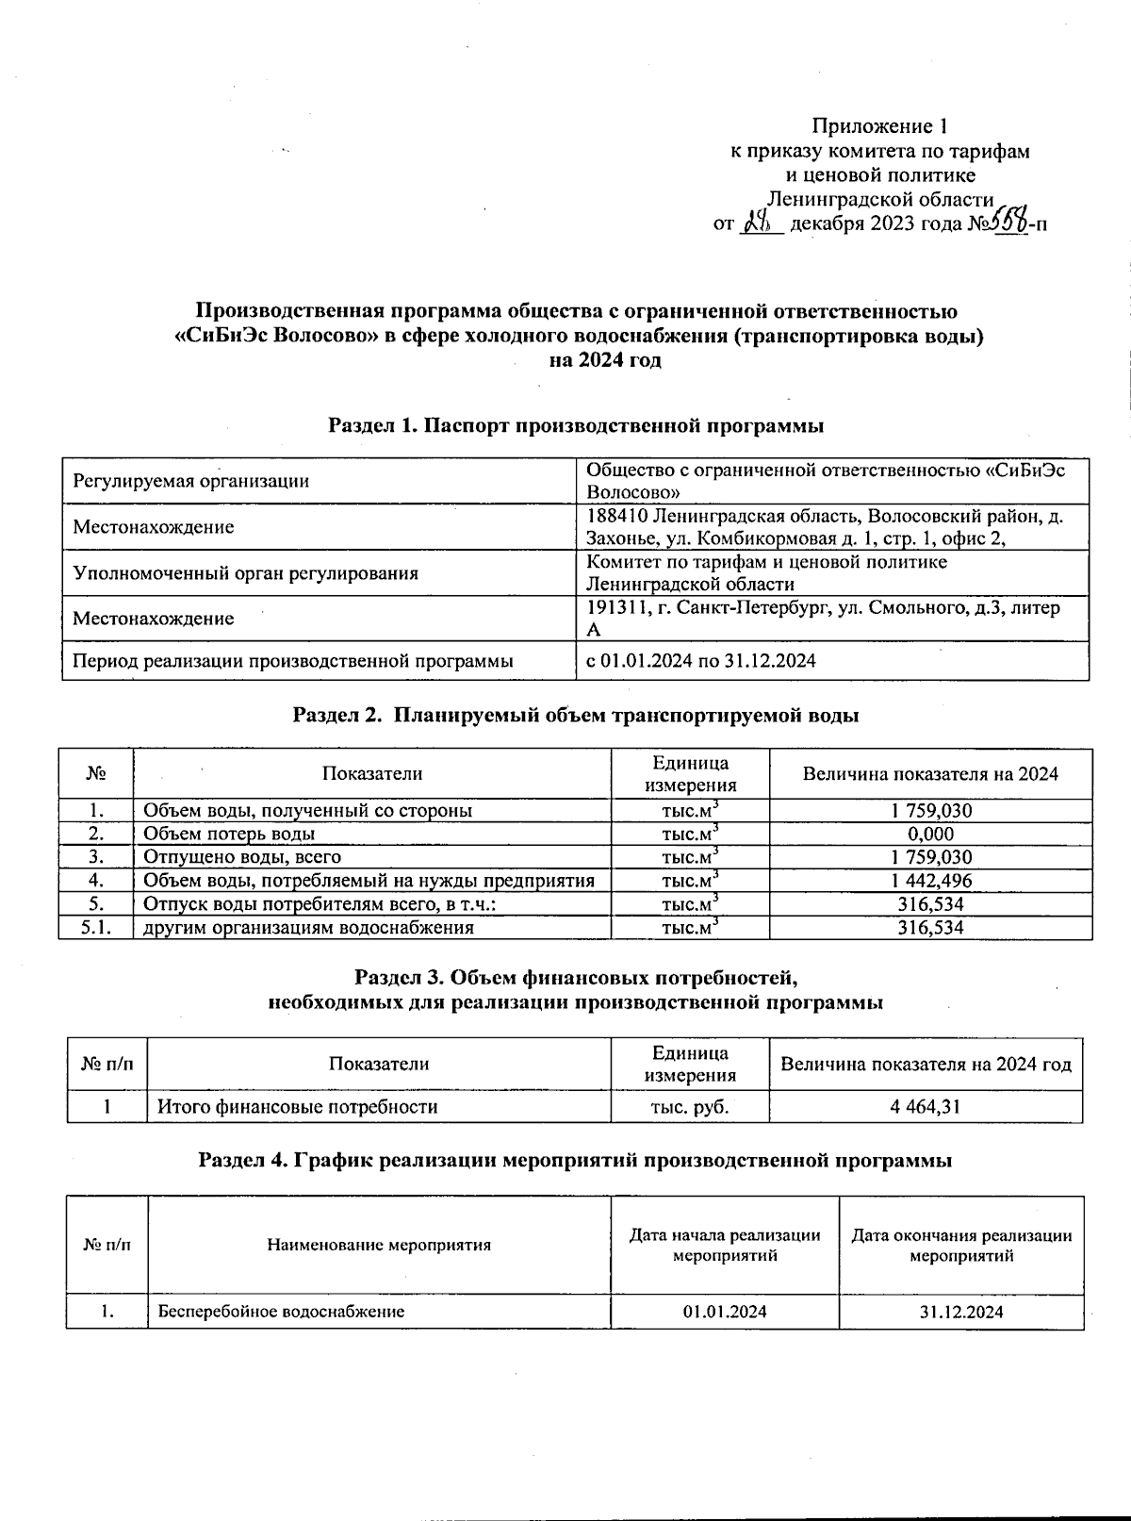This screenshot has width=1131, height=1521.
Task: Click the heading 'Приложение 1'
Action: [x=878, y=126]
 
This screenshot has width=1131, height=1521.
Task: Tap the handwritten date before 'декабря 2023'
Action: [x=760, y=223]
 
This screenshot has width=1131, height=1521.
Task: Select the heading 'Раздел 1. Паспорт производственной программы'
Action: [x=576, y=425]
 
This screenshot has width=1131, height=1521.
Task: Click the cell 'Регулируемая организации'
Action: [x=191, y=481]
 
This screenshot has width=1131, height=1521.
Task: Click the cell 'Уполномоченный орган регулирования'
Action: [x=246, y=573]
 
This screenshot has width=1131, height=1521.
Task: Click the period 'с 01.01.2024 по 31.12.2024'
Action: [x=701, y=661]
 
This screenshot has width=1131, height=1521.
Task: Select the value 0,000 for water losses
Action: [x=929, y=834]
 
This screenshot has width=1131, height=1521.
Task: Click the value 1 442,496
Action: [x=929, y=881]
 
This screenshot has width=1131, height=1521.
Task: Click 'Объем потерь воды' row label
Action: [x=229, y=834]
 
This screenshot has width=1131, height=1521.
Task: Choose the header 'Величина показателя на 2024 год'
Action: [x=926, y=1065]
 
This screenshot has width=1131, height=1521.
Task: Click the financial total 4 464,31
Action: [x=925, y=1107]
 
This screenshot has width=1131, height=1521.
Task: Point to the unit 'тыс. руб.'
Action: [x=689, y=1107]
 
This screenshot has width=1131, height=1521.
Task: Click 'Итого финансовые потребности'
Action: [x=297, y=1107]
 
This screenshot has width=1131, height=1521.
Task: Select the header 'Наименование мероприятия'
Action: [x=379, y=1245]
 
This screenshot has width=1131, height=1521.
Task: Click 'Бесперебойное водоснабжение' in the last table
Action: [x=281, y=1312]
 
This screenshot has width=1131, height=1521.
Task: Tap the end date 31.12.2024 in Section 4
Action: [x=960, y=1312]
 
